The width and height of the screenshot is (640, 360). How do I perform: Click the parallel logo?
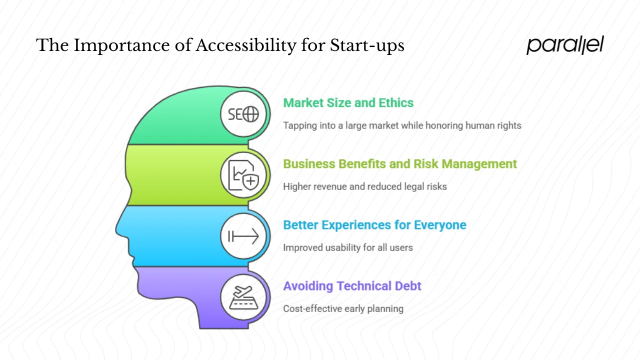pos(565,45)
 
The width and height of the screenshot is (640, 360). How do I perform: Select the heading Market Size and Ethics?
pos(348,103)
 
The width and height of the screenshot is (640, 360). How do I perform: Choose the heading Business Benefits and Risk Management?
pos(399,164)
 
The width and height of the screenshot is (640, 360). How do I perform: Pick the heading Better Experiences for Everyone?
pos(374,225)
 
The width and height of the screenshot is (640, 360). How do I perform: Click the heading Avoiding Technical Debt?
pos(352,286)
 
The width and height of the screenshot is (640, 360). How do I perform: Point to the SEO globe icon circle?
pos(243,114)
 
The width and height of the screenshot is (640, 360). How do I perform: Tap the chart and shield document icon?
pos(243,175)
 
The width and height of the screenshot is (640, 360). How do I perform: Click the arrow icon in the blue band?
pos(243,236)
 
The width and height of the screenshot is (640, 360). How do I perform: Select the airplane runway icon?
pos(243,297)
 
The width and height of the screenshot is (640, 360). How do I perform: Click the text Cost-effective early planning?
pos(343,308)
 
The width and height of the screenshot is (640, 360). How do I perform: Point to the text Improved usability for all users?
pos(347,247)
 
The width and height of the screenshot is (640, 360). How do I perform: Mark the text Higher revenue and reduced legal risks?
pos(364,186)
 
